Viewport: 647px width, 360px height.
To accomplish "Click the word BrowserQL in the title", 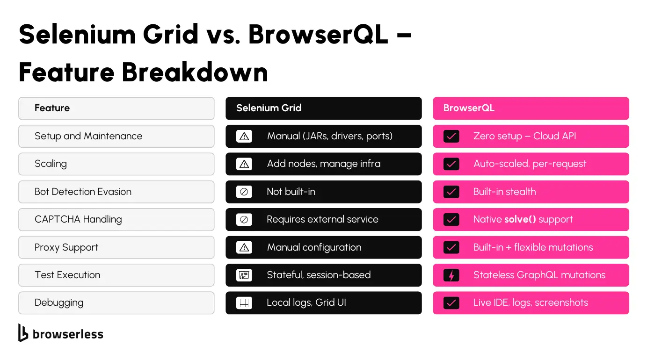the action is tap(318, 34).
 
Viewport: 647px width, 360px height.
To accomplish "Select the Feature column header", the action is tap(116, 108).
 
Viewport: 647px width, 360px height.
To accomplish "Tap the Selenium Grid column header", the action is tap(324, 108).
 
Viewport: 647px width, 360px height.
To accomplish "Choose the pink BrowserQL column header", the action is tap(531, 108).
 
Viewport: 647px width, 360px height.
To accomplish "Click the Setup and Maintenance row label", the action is tap(88, 136).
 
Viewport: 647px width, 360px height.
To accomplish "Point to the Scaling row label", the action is tap(51, 164).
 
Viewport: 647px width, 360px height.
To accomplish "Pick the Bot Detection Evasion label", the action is tap(83, 192).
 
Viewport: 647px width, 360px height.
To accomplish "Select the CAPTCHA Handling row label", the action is tap(78, 219).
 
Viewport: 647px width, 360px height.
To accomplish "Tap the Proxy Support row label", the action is tap(66, 247).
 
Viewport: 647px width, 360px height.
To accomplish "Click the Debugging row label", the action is tap(59, 303).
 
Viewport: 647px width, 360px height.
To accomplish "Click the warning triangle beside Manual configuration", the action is tap(244, 247).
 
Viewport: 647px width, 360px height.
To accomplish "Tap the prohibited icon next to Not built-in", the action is tap(244, 192).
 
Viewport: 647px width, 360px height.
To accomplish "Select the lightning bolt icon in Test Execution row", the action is tap(451, 275).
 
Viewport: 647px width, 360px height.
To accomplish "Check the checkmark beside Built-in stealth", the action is tap(451, 192).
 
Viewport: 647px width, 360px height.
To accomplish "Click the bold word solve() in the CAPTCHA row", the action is tap(520, 219).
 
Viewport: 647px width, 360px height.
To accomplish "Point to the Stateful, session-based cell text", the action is tap(319, 275).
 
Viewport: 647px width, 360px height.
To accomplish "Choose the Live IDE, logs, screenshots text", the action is tap(531, 303).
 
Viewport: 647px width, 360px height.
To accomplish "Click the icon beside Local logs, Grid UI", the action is tap(244, 303).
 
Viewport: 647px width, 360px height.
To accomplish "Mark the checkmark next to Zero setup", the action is tap(451, 136).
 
